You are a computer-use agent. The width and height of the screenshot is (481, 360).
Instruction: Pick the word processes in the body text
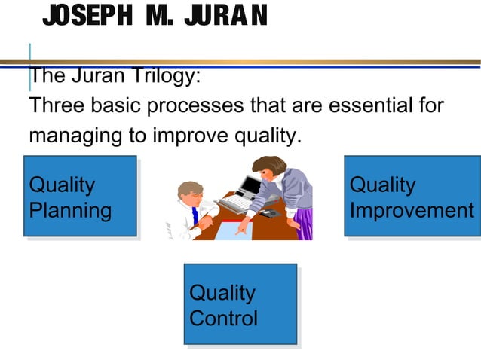(197, 106)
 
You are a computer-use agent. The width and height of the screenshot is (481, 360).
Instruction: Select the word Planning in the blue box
(69, 210)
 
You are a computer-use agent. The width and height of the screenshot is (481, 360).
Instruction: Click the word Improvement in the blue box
(412, 210)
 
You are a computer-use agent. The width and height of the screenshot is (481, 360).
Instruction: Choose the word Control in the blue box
(223, 318)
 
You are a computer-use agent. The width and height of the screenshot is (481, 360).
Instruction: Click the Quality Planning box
(80, 196)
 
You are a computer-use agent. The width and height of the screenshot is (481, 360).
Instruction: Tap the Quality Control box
(240, 304)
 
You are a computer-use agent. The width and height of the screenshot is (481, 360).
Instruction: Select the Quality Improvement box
(409, 196)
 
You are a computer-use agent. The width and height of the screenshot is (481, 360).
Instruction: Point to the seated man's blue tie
(194, 216)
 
